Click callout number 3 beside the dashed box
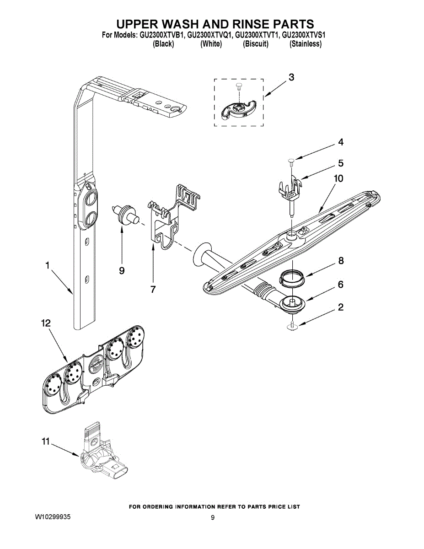pos(291,77)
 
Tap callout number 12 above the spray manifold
pos(46,323)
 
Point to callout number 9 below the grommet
pos(122,271)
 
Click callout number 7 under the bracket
pos(153,290)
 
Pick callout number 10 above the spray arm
pos(338,178)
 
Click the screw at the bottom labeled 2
pos(292,325)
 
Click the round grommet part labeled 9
pos(124,215)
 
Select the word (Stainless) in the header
pos(306,44)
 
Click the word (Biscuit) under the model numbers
pos(256,44)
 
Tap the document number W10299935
pos(53,517)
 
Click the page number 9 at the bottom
pos(213,518)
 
